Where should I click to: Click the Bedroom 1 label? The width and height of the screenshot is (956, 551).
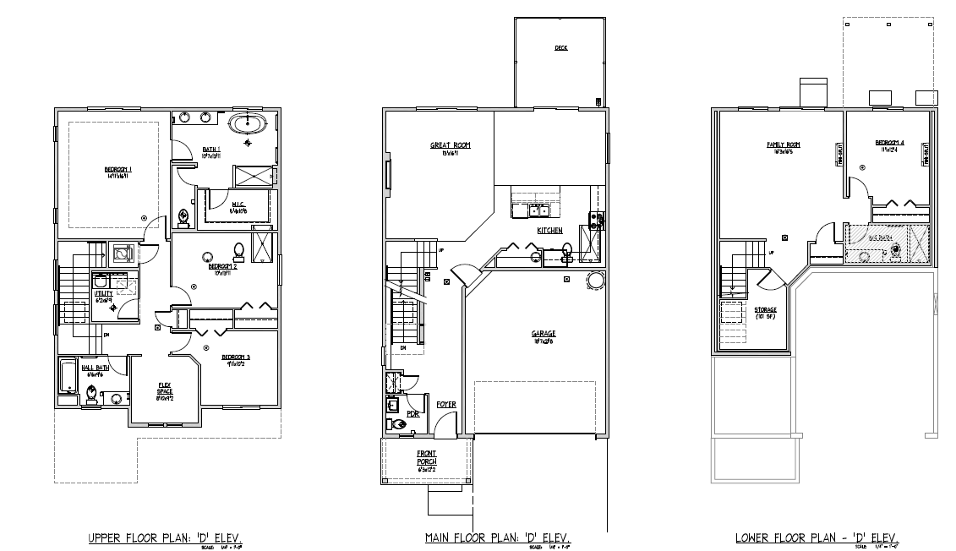coord(119,170)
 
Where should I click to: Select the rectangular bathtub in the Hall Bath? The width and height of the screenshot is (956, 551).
coord(68,376)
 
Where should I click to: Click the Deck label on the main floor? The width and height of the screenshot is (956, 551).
coord(560,48)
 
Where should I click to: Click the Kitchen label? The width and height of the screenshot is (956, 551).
coord(549,231)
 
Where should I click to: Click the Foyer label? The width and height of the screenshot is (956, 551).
coord(445,405)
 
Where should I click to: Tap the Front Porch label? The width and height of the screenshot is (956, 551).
coord(426,457)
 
